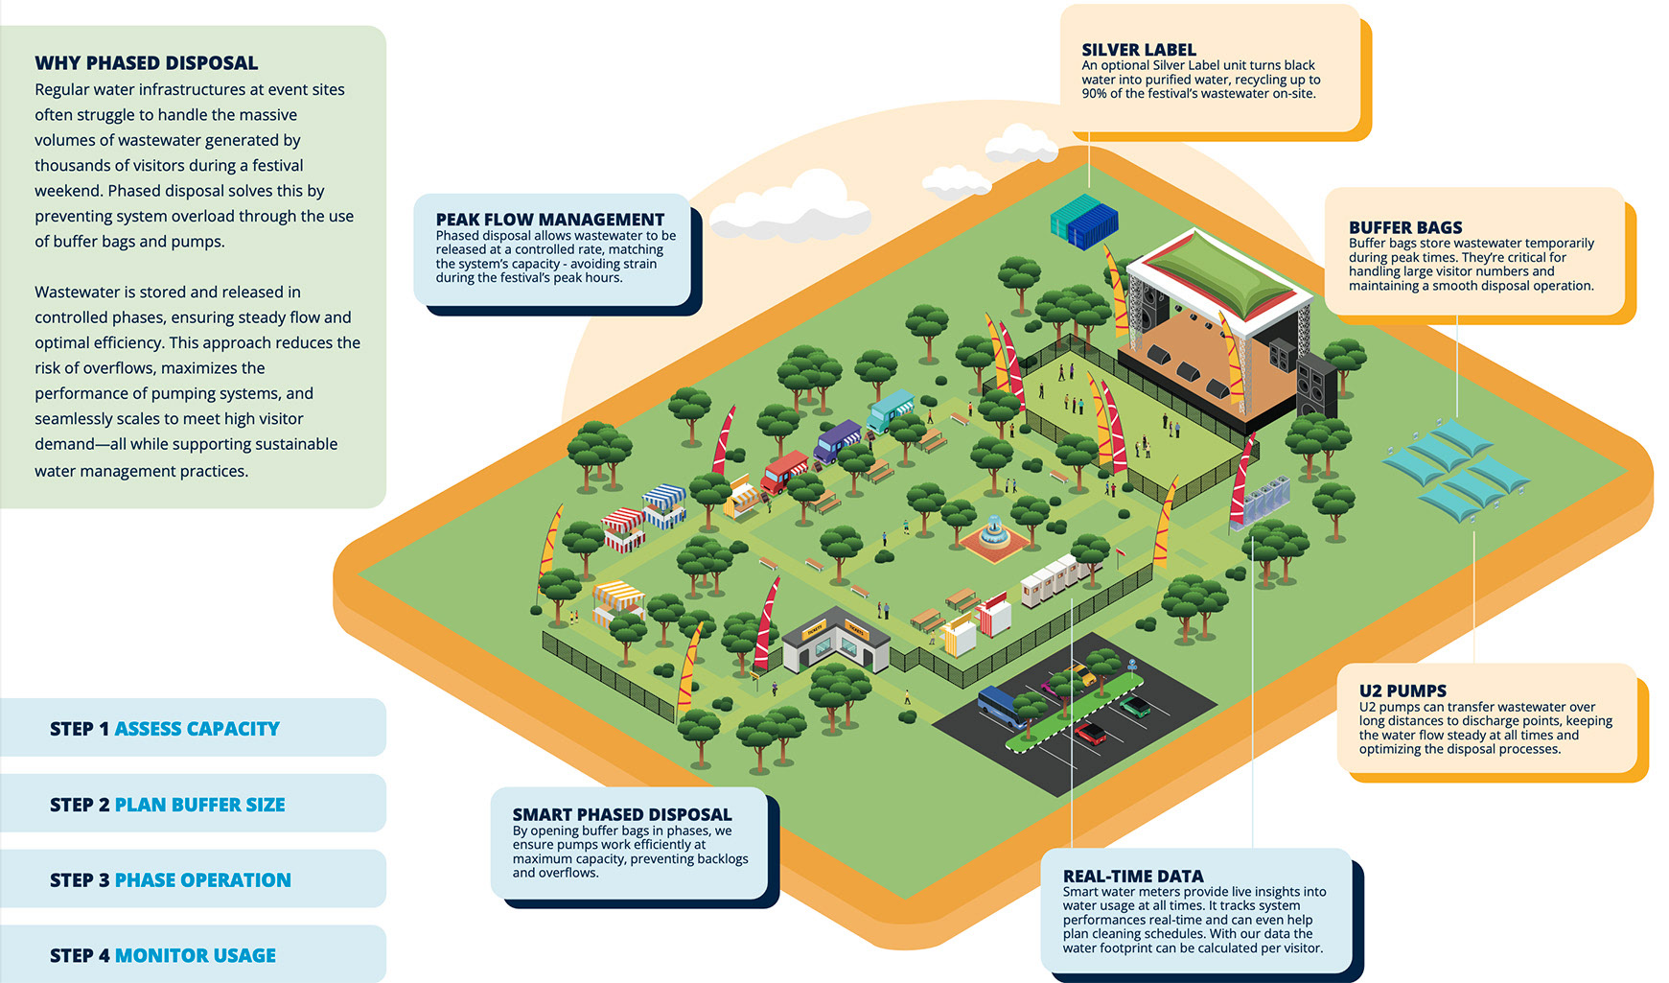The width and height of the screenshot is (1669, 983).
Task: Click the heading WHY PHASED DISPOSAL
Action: click(146, 63)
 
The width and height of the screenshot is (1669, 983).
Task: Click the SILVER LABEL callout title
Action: click(1138, 50)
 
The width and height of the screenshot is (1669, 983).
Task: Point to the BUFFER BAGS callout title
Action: click(1404, 227)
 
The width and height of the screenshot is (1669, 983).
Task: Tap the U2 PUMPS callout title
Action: click(1402, 690)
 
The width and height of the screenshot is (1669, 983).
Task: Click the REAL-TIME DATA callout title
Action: click(1132, 876)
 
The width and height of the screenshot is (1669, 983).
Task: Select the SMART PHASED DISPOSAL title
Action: click(621, 814)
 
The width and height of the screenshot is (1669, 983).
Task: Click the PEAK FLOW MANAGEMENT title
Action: click(549, 220)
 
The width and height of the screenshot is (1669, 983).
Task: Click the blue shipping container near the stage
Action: click(1085, 220)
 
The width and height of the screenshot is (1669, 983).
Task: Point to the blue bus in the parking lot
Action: click(1002, 705)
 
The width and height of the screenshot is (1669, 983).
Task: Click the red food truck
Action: click(784, 471)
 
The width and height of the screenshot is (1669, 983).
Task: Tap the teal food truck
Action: click(891, 410)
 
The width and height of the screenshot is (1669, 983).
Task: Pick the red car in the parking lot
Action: click(1090, 735)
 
